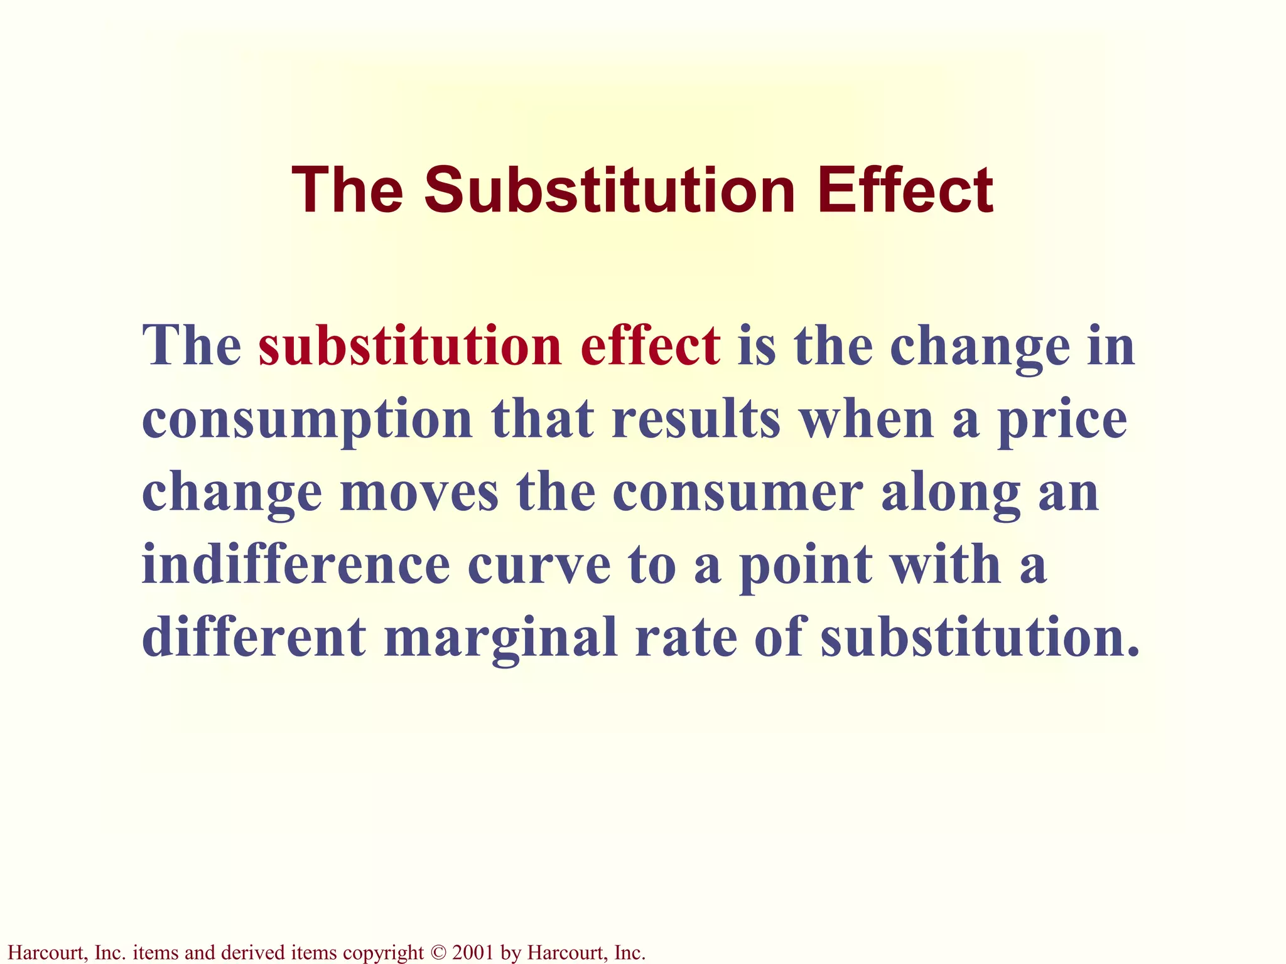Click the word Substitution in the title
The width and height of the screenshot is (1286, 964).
[x=610, y=190]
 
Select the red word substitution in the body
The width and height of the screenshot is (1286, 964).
[x=409, y=346]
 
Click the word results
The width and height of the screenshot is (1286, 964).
[x=696, y=419]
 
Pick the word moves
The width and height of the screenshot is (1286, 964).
[x=419, y=493]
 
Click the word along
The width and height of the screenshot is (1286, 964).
[x=950, y=493]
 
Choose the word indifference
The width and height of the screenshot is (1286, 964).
[x=296, y=564]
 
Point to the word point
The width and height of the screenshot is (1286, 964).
[x=805, y=564]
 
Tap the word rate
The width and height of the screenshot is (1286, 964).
[x=685, y=638]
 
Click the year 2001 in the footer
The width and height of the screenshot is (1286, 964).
[x=472, y=953]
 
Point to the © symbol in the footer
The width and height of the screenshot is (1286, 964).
[x=438, y=953]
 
